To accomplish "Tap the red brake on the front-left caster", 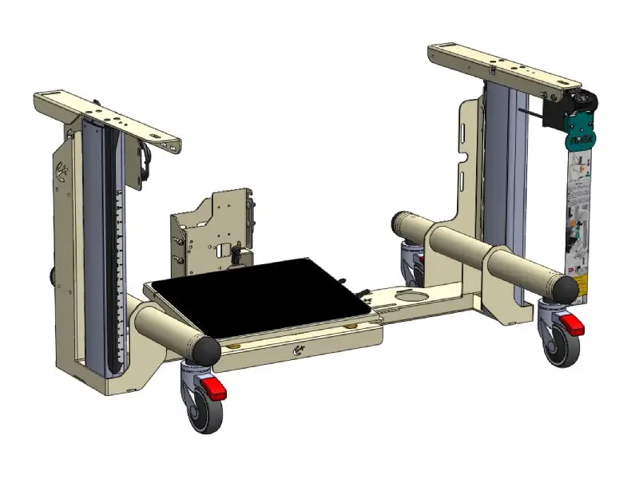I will click(x=213, y=390).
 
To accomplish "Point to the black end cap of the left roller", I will click(x=204, y=350).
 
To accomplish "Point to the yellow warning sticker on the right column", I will click(x=583, y=283).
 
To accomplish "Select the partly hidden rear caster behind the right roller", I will click(x=412, y=260).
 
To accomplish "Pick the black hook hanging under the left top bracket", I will click(x=145, y=160).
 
